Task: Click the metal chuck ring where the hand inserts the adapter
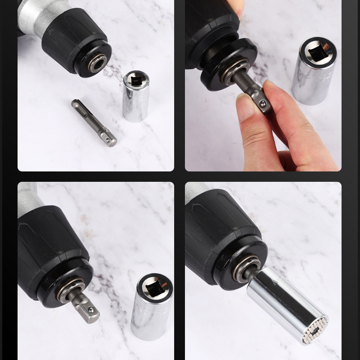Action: tap(232, 70)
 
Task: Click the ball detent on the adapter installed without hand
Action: tap(91, 310)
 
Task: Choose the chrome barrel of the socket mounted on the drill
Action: tap(283, 301)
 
